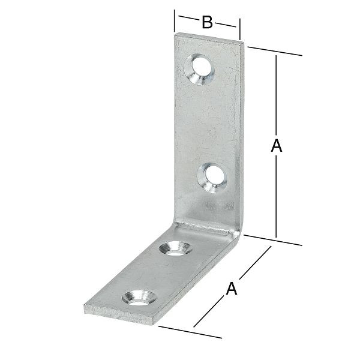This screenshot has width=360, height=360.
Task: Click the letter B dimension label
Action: [206, 23]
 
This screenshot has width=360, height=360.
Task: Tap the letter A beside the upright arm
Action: [276, 146]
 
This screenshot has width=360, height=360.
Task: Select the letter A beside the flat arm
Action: [231, 289]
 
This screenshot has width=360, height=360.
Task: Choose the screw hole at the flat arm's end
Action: [137, 296]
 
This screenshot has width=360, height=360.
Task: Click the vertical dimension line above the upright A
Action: [276, 96]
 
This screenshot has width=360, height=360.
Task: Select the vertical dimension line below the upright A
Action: [276, 198]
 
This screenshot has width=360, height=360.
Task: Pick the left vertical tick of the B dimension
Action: [175, 22]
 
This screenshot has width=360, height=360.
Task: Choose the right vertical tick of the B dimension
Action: [240, 27]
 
